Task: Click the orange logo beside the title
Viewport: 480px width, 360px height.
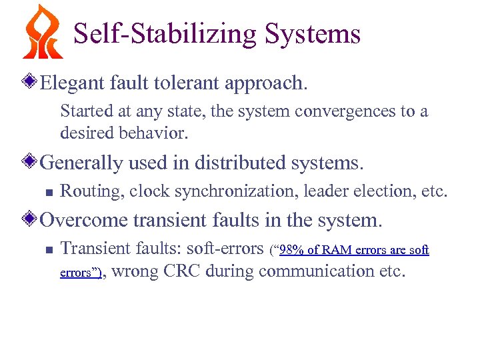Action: (43, 32)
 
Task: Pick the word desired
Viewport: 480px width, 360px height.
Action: (83, 133)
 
